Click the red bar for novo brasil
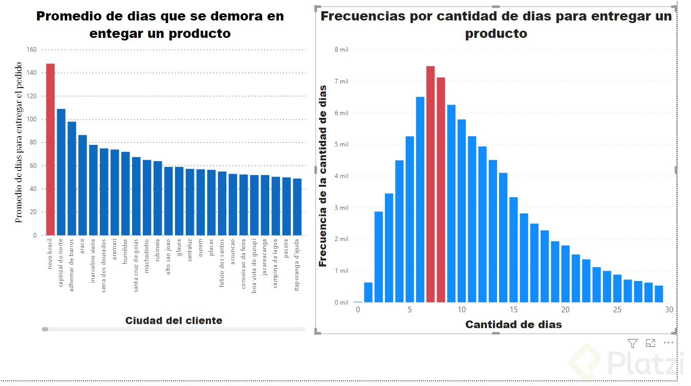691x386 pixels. (x=50, y=149)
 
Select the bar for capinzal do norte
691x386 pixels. (x=61, y=172)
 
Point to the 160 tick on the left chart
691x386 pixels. (x=31, y=50)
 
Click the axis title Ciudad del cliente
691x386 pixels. (x=174, y=321)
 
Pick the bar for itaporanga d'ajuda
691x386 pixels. (x=297, y=207)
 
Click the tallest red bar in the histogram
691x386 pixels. (x=430, y=184)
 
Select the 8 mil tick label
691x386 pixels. (x=341, y=50)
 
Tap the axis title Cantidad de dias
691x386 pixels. (x=513, y=325)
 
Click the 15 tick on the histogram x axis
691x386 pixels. (x=513, y=310)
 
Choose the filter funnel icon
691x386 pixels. (x=633, y=343)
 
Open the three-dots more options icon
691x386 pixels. (x=668, y=343)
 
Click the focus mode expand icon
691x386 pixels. (x=651, y=343)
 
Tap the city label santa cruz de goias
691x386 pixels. (x=136, y=265)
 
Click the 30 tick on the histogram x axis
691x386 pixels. (x=669, y=310)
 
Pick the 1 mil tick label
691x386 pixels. (x=341, y=271)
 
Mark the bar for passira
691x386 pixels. (x=287, y=206)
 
